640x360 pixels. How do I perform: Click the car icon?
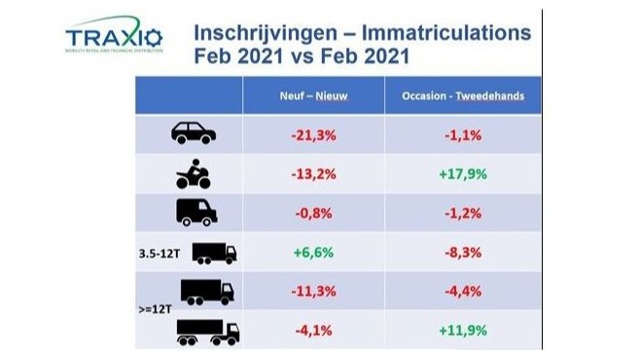tap(193, 133)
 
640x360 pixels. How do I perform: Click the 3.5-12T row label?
tap(160, 253)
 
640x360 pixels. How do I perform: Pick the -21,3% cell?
tap(311, 135)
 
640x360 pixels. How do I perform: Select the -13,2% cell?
tap(311, 175)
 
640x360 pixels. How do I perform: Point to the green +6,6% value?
tap(311, 253)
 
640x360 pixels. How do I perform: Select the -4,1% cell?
tap(311, 331)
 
